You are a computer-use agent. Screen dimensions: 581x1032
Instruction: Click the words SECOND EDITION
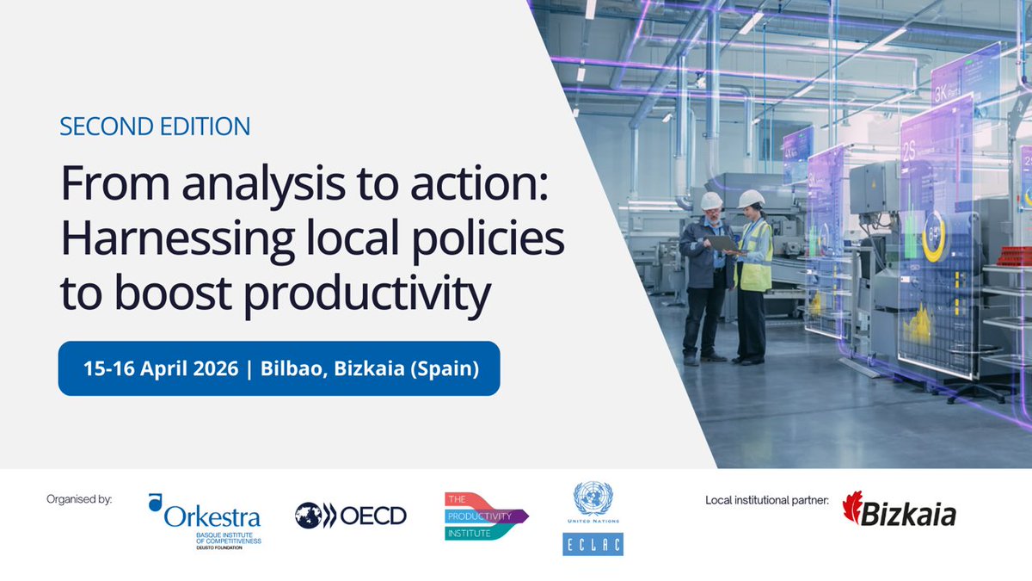(x=155, y=127)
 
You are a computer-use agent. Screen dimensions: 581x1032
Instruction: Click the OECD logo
(x=351, y=516)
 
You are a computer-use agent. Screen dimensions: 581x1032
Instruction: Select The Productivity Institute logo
(x=485, y=516)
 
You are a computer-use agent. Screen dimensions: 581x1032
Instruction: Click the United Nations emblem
(x=593, y=500)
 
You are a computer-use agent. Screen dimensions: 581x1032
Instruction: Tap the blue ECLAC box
(x=593, y=544)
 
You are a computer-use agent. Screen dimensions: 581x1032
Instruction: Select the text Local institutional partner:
(x=767, y=499)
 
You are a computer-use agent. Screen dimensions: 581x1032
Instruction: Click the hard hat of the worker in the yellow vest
(x=751, y=199)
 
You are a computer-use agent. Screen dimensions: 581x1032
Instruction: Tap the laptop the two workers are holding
(x=723, y=244)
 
